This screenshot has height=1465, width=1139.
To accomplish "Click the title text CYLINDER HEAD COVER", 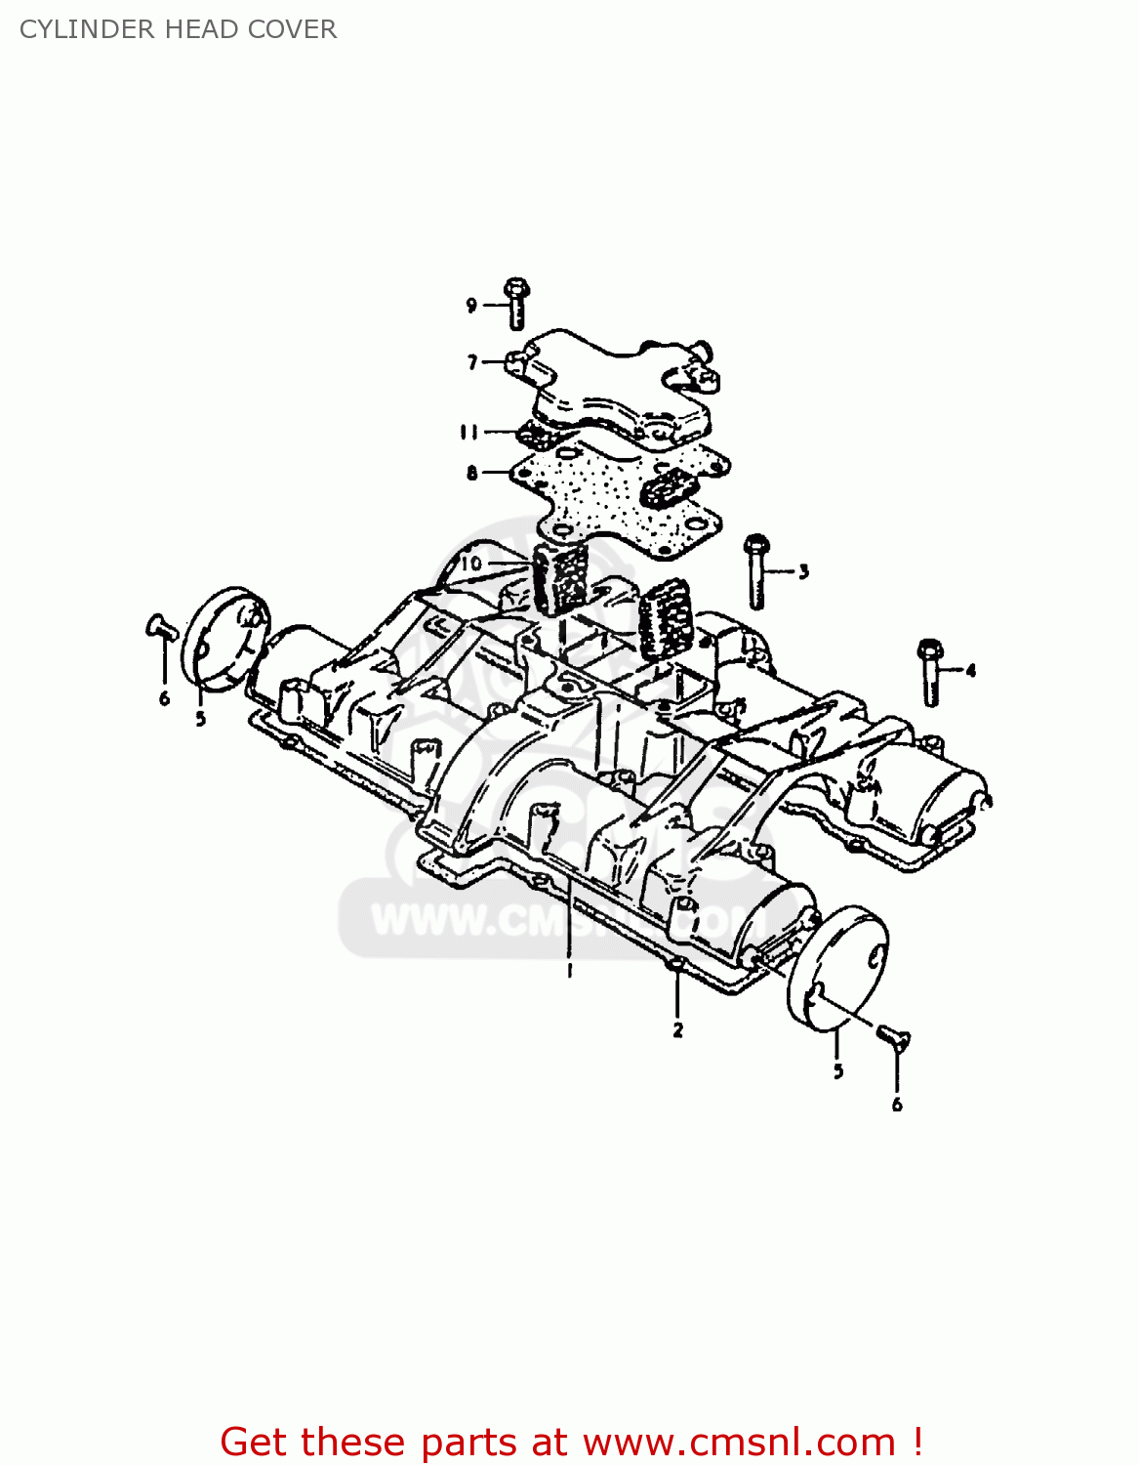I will coord(178,29).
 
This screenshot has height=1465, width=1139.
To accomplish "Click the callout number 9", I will coord(471,306).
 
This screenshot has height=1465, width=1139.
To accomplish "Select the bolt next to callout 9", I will coord(516,303).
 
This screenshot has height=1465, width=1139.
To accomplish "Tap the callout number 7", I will coord(472,362).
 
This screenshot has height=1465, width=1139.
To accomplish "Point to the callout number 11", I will coord(469,432).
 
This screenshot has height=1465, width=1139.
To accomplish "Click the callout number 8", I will coord(472,474).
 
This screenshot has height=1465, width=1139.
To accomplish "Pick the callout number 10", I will coord(471,564).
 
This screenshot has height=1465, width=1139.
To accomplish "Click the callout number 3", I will coord(803,571).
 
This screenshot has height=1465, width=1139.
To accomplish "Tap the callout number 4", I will coord(970,670).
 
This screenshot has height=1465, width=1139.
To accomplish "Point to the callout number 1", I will coord(569,970).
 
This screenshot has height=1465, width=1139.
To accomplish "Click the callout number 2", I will coord(677,1028).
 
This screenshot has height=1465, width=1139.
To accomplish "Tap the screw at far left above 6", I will coord(160,627).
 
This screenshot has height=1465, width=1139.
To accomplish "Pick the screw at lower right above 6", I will coord(892,1037).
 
